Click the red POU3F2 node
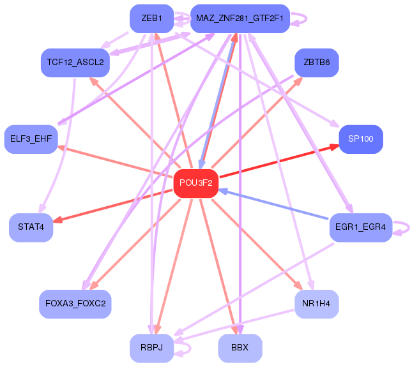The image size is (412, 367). pos(195,183)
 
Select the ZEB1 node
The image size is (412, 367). pos(151,19)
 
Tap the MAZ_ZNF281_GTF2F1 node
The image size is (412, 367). pos(240,19)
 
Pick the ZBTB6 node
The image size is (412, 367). pos(316,63)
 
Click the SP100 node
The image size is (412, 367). pos(360,139)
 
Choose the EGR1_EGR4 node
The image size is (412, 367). pos(360,227)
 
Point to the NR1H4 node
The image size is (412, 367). pos(316,303)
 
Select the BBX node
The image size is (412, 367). pos(240,348)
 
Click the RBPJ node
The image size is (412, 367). pos(151,348)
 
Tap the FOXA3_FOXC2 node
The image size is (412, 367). pos(75,303)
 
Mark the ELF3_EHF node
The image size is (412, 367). pos(31,139)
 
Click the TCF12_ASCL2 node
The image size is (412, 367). pos(75,63)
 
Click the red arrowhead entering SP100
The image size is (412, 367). pos(334,146)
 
